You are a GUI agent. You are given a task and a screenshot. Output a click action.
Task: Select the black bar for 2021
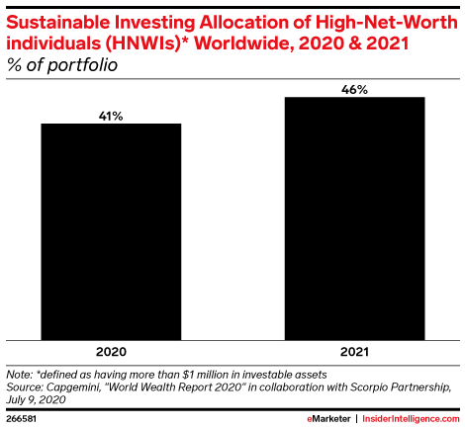click(x=354, y=217)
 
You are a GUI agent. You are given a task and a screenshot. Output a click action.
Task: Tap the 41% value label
click(x=111, y=115)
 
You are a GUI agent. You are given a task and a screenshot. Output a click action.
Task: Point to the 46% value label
click(x=354, y=89)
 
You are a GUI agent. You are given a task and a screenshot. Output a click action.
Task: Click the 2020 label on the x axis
click(x=111, y=351)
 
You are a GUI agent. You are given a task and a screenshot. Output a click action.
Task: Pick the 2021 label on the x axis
click(x=354, y=351)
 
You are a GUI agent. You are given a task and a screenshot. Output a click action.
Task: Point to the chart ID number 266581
click(x=22, y=419)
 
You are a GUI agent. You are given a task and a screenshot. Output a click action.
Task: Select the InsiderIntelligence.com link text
click(x=409, y=419)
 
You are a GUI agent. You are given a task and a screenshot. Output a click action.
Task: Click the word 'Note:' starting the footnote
click(x=19, y=375)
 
